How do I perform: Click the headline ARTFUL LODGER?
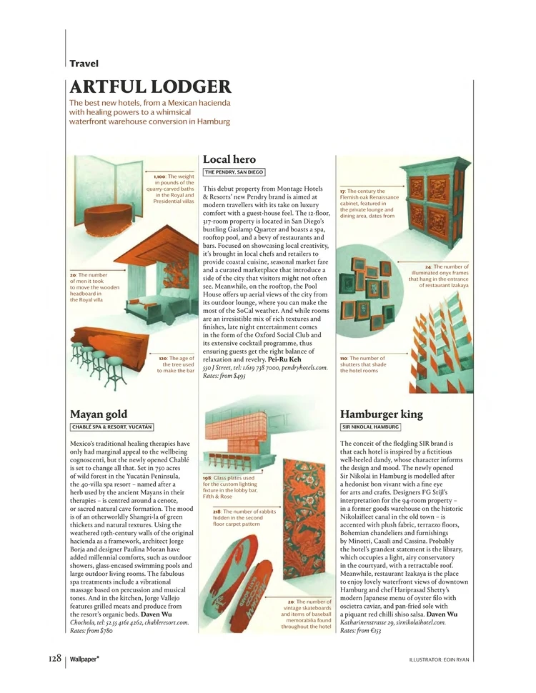[x=150, y=88]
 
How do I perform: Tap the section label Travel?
[x=84, y=64]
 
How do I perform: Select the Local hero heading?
[x=229, y=159]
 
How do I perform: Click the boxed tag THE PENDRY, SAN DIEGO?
[x=234, y=172]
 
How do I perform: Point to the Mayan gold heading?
[x=99, y=414]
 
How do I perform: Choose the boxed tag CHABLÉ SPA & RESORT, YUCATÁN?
[x=111, y=427]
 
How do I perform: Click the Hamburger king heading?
[x=382, y=414]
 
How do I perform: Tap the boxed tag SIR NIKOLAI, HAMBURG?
[x=370, y=427]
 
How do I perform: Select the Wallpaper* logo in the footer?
[x=84, y=658]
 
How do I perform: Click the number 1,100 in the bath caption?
[x=159, y=176]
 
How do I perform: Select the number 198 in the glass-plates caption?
[x=207, y=477]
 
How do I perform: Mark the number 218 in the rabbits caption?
[x=217, y=512]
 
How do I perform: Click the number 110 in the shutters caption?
[x=344, y=358]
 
